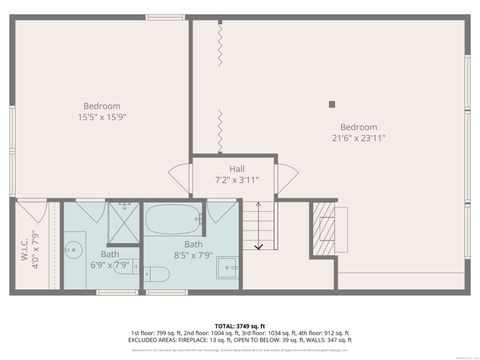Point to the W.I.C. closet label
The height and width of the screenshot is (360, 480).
click(29, 246)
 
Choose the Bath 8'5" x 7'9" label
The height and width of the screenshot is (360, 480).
click(193, 249)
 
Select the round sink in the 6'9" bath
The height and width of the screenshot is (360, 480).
click(74, 249)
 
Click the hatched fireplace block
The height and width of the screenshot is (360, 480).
click(324, 229)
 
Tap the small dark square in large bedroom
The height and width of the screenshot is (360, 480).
click(333, 103)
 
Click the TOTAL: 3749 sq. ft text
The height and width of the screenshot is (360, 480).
click(239, 326)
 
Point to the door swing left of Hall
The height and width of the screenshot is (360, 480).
click(180, 179)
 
